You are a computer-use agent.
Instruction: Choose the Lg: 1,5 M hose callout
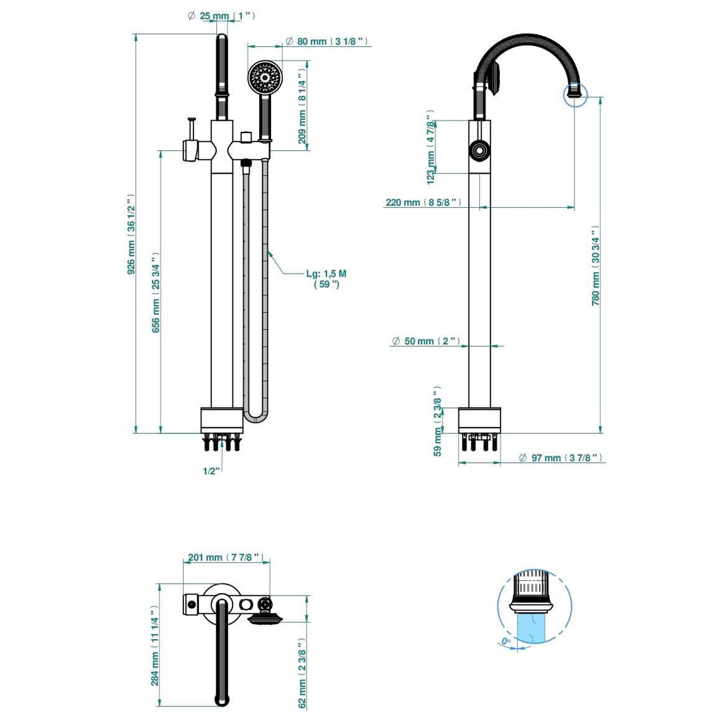326,279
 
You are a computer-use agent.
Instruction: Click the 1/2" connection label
211,471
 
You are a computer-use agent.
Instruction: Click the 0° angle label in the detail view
506,641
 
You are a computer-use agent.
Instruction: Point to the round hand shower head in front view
265,78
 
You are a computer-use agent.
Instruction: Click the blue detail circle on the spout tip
575,95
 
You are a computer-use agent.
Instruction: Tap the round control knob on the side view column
479,150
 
